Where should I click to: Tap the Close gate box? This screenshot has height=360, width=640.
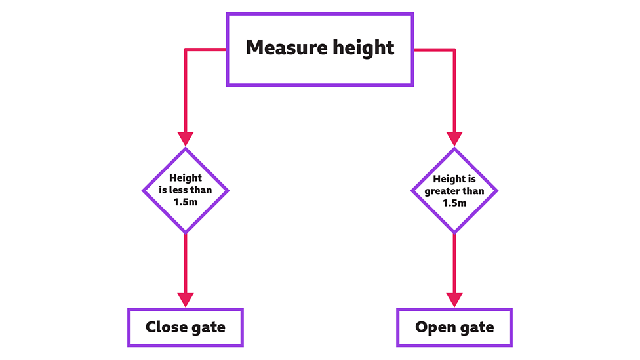coord(185,327)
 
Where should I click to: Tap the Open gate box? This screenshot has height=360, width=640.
coord(454,327)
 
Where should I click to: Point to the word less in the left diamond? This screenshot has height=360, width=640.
coord(182,191)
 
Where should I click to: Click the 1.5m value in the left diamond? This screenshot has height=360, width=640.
coord(186,203)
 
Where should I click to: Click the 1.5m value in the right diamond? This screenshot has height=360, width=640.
coord(454,203)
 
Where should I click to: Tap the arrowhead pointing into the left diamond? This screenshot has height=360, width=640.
coord(186,138)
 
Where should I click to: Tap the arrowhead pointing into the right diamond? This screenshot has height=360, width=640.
coord(454,138)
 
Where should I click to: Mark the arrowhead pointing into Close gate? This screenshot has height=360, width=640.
coord(186,299)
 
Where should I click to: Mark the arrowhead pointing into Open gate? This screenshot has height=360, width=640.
coord(454,299)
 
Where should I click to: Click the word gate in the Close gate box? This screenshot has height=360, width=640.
coord(209,327)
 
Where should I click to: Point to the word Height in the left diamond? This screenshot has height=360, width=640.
coord(186,178)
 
